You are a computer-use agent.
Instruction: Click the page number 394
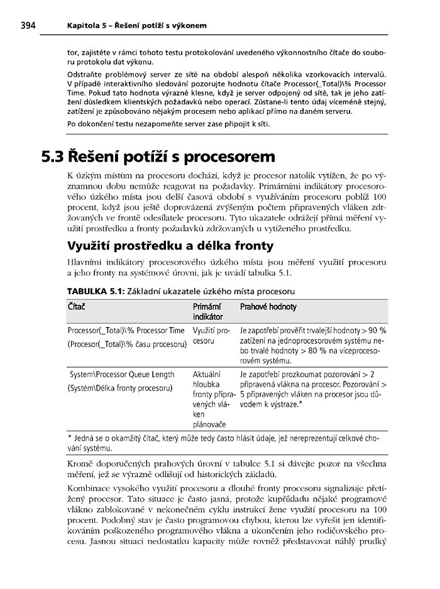click(x=28, y=25)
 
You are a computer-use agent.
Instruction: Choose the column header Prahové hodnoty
click(x=268, y=307)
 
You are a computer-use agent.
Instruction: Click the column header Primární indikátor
click(x=208, y=312)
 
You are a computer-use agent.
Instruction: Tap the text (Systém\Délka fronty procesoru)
click(x=119, y=388)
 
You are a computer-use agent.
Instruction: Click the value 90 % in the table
click(x=378, y=330)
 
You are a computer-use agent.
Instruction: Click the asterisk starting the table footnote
click(x=69, y=438)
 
